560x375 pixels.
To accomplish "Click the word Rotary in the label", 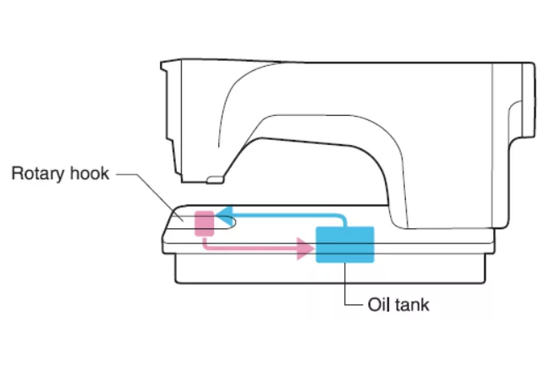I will (x=38, y=175).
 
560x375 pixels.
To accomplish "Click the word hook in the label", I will (x=89, y=175).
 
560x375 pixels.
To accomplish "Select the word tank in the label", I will (x=412, y=304).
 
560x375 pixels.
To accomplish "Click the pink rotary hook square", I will (x=204, y=223).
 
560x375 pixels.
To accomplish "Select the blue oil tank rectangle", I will (x=345, y=244).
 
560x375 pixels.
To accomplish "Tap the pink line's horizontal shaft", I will (x=250, y=248).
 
